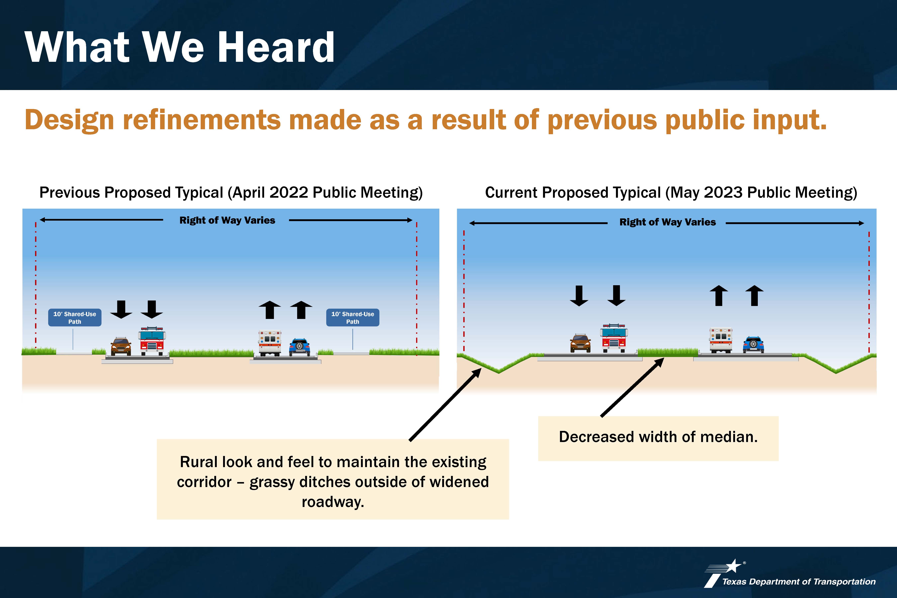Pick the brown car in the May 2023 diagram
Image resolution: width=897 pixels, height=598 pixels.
pos(580,343)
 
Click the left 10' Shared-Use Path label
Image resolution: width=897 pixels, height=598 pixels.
pos(75,317)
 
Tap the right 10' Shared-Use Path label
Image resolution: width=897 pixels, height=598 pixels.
pos(353,317)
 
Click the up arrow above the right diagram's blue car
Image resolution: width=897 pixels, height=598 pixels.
pos(754,296)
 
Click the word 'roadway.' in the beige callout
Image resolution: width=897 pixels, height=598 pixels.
pos(333,502)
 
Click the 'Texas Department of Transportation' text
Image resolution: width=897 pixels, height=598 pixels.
pos(799,582)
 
